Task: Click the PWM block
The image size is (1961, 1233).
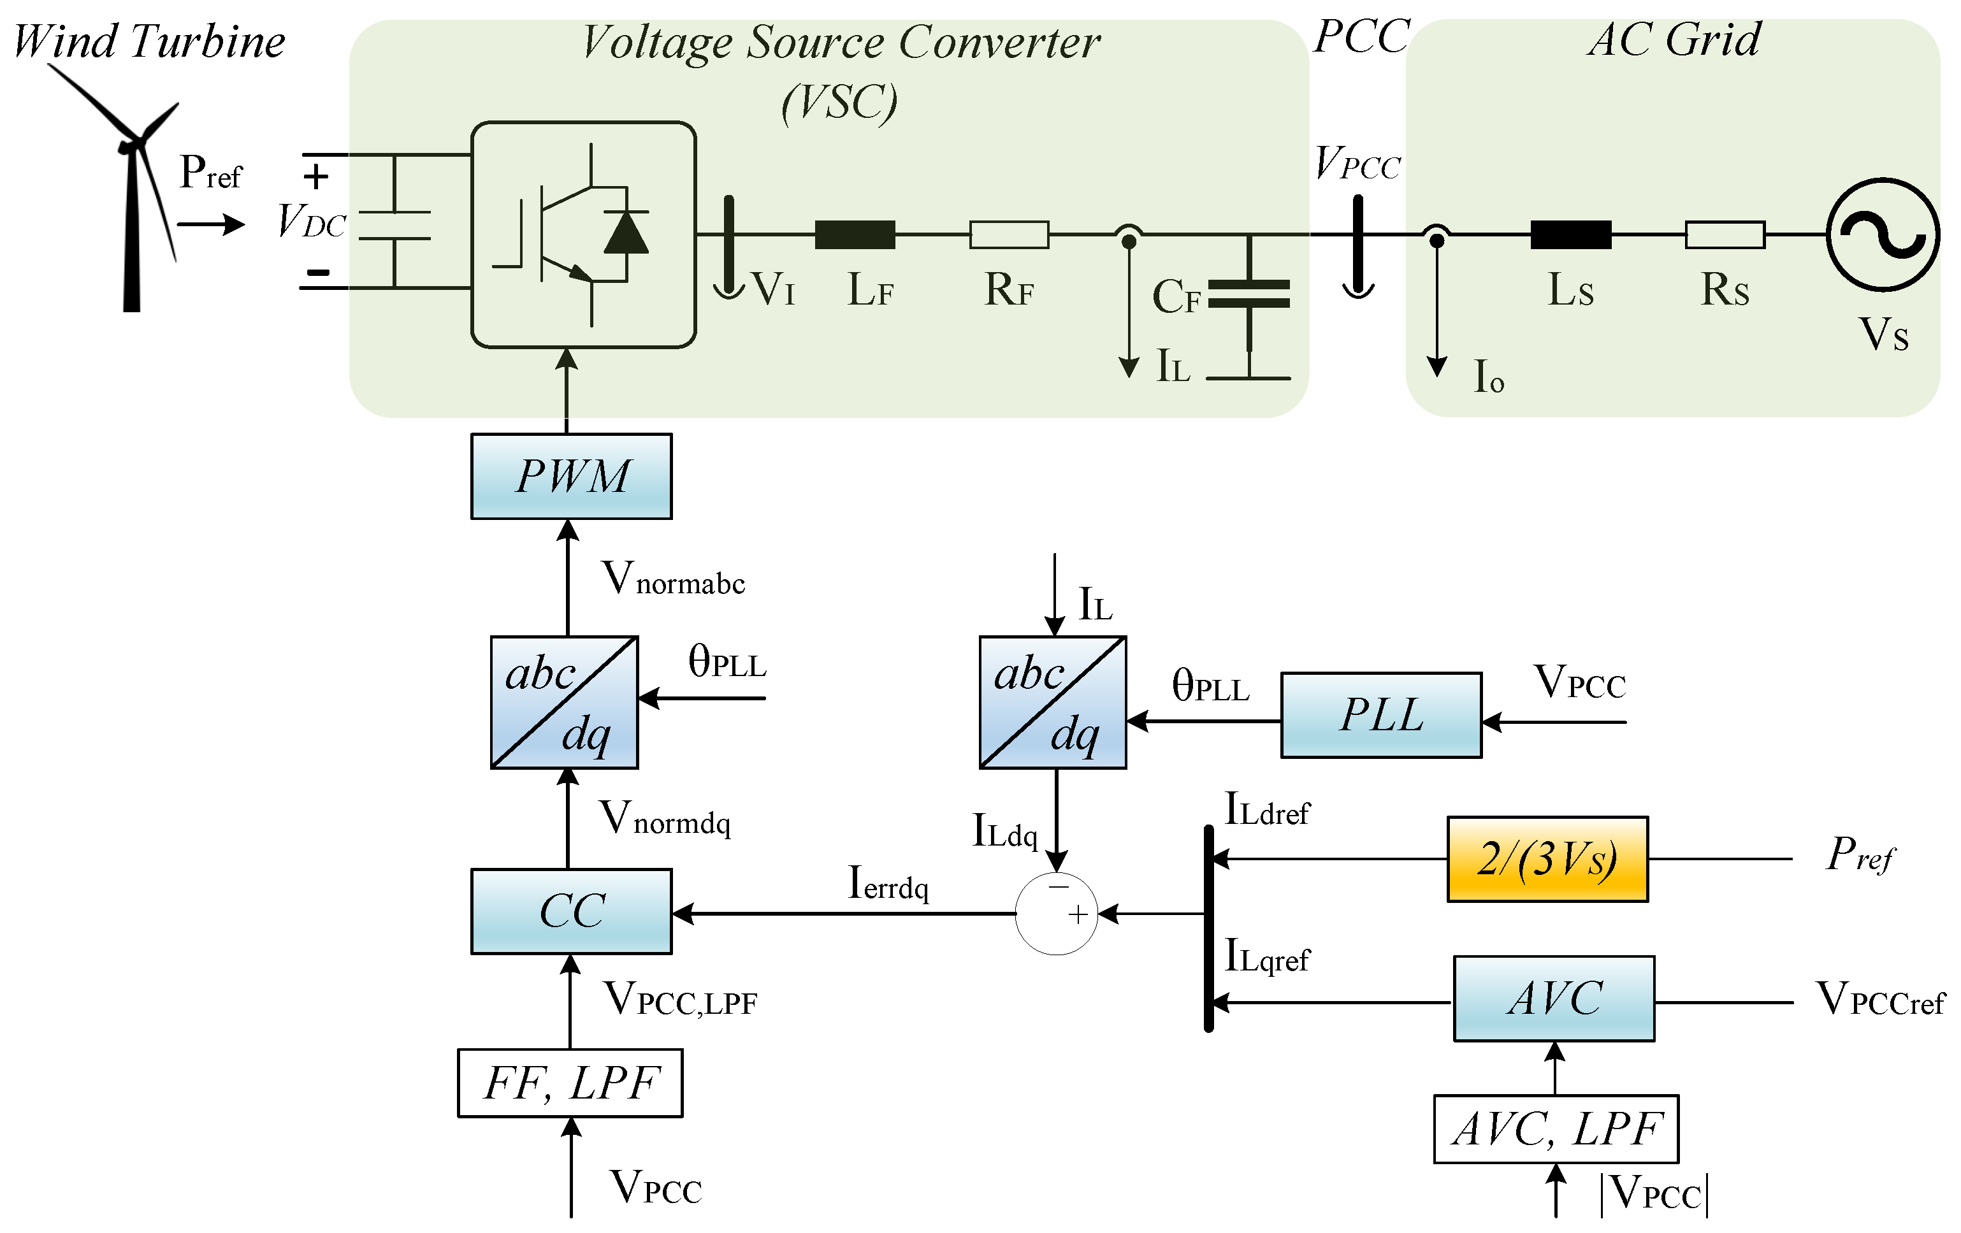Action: coord(571,477)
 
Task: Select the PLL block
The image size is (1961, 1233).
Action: coord(1380,715)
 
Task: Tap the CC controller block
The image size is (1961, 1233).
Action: coord(571,911)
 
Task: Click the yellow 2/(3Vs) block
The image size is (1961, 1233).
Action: coord(1547,859)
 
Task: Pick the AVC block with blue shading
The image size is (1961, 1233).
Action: coord(1553,999)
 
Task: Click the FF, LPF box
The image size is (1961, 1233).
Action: coord(570,1083)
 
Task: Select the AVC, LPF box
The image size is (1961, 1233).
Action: coord(1556,1128)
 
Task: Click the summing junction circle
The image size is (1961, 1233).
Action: coord(1056,914)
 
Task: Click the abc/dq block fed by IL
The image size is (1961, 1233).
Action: coord(1052,702)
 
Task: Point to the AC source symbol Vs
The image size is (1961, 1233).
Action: coord(1882,234)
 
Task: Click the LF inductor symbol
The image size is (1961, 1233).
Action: coord(855,234)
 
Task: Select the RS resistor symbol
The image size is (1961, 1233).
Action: coord(1724,234)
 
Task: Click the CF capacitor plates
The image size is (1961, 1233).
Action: coord(1248,293)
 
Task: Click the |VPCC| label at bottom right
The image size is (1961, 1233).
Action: coord(1653,1194)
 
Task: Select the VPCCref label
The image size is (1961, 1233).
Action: coord(1879,999)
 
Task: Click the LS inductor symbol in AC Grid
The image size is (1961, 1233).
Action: coord(1570,234)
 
